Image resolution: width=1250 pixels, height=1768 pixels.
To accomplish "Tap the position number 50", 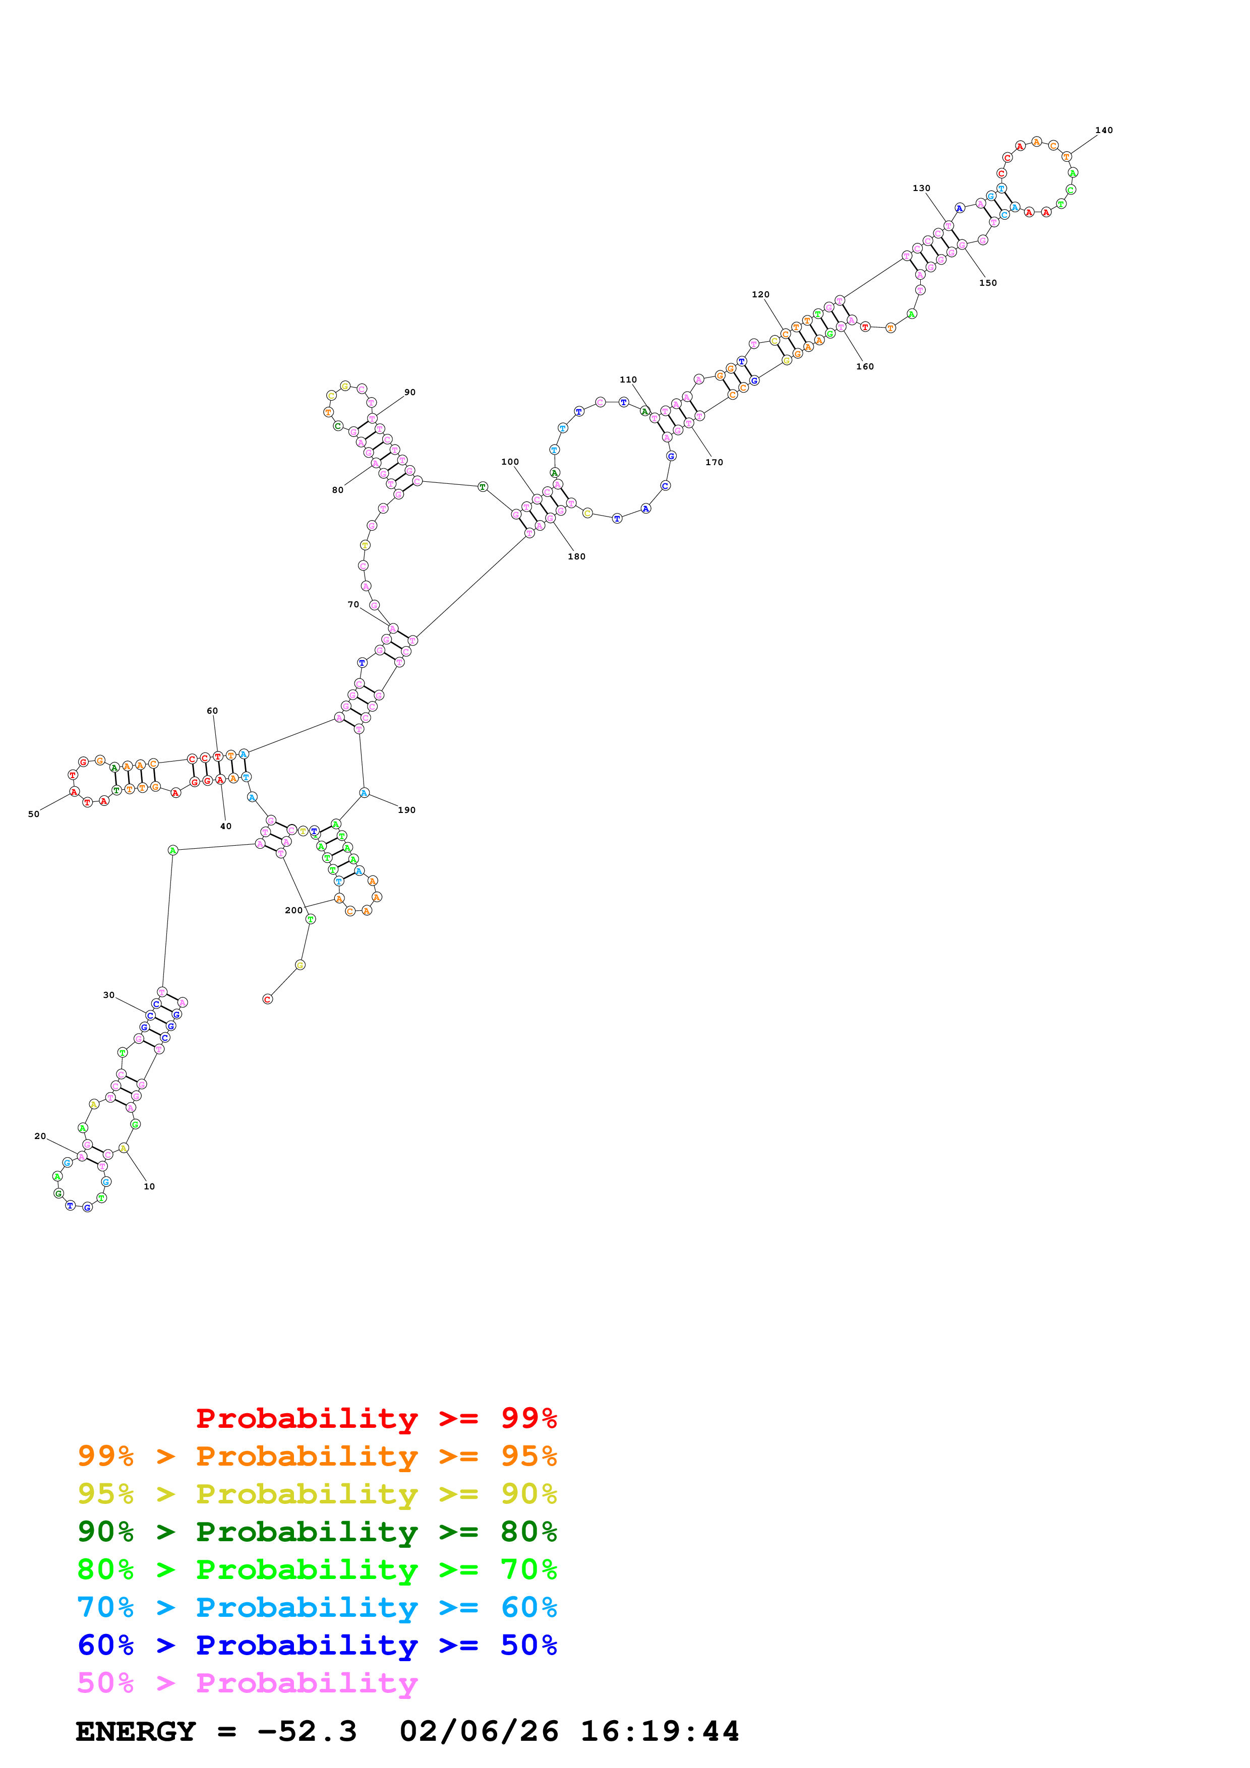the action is pyautogui.click(x=34, y=814).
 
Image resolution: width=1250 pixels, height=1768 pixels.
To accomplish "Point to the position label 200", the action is pyautogui.click(x=293, y=910).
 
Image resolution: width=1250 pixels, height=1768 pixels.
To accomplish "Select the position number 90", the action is pyautogui.click(x=410, y=392).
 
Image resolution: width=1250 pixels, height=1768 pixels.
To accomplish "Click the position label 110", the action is pyautogui.click(x=628, y=380).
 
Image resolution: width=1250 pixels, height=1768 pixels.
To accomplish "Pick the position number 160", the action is pyautogui.click(x=864, y=366).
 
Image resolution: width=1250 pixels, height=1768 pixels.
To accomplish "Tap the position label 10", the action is pyautogui.click(x=149, y=1186).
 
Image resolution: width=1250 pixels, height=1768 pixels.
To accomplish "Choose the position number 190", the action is pyautogui.click(x=406, y=810).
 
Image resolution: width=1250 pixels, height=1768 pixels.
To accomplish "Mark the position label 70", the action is pyautogui.click(x=353, y=604).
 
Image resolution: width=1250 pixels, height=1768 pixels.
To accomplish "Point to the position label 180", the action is pyautogui.click(x=576, y=557).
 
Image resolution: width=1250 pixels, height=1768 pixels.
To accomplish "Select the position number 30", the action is pyautogui.click(x=108, y=995).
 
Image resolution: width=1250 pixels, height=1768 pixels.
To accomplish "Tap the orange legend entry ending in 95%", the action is pyautogui.click(x=317, y=1456).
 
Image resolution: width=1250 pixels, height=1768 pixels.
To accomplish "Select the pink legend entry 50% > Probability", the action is pyautogui.click(x=247, y=1682).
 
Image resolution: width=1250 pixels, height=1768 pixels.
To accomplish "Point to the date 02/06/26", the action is pyautogui.click(x=479, y=1731).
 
